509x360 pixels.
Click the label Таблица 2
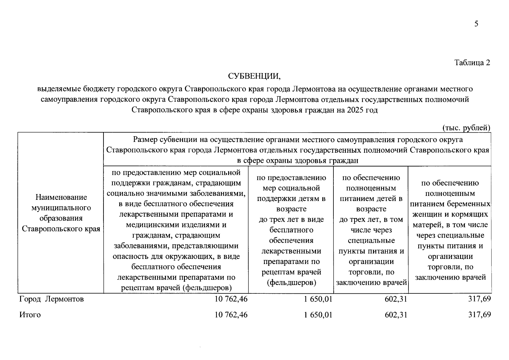(472, 62)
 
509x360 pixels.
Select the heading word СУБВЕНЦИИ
(254, 76)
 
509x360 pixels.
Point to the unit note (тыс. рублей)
(466, 128)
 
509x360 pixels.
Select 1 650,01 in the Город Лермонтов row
(318, 299)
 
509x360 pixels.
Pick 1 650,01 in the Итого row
(318, 315)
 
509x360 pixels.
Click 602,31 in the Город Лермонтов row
(396, 299)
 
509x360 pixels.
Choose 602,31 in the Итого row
(396, 315)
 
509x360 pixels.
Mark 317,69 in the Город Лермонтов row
(479, 299)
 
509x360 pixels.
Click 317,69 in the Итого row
(479, 315)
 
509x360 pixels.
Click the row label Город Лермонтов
(52, 299)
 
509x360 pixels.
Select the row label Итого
(30, 315)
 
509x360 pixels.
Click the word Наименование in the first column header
(61, 197)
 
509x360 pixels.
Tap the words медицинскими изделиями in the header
(176, 225)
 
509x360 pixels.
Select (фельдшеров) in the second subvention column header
(291, 283)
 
